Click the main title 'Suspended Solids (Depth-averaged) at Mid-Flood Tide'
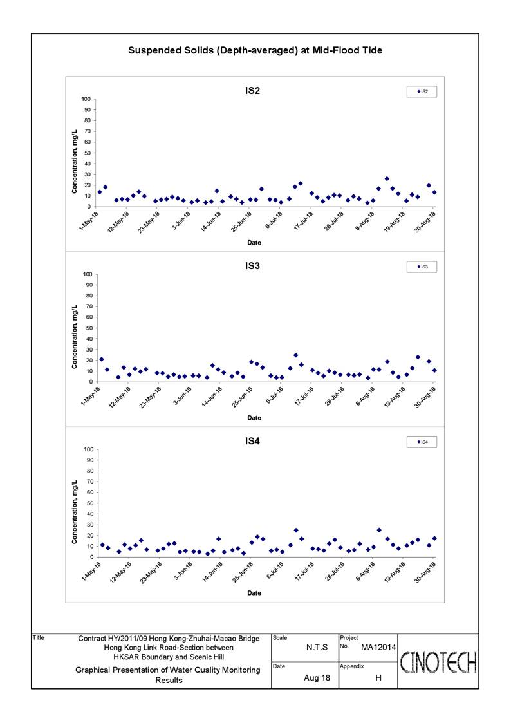255,50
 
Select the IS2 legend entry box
422,91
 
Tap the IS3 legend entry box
422,267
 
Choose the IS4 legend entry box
422,442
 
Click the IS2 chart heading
252,91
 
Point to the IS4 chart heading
252,441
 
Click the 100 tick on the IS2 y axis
86,99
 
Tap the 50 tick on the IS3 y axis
88,328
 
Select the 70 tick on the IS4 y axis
88,482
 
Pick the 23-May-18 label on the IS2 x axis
149,221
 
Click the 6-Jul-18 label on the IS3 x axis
274,395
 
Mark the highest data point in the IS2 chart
387,178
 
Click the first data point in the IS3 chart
102,359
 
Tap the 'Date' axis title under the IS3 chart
254,418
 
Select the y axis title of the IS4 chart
74,512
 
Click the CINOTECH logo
438,662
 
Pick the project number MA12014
378,648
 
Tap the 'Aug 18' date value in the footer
317,678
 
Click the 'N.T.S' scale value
317,648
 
